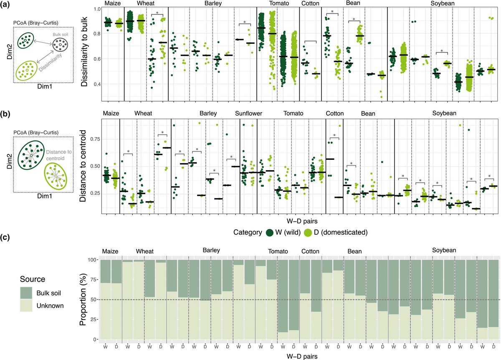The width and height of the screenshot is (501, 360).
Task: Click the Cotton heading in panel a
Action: pyautogui.click(x=311, y=4)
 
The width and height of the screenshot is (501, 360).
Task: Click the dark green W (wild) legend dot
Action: pyautogui.click(x=270, y=232)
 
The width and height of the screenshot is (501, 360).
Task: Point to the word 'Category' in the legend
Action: pyautogui.click(x=247, y=232)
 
